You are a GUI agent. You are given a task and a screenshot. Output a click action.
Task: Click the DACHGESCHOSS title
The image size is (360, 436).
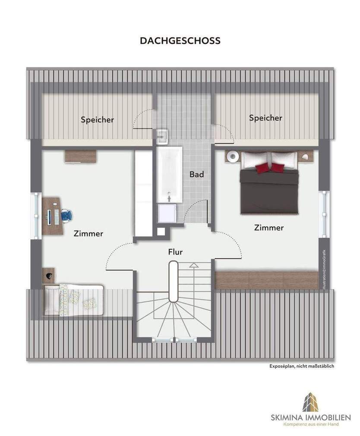(180, 41)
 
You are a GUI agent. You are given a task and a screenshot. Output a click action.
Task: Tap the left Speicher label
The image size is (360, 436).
(97, 120)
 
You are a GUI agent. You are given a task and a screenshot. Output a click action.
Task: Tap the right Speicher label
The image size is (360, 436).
(265, 118)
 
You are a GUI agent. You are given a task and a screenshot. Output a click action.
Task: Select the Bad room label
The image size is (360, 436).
(196, 175)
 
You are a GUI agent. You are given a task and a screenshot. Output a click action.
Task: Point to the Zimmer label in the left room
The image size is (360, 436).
(88, 234)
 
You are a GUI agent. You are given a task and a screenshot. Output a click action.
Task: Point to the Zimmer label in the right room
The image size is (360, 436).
(268, 227)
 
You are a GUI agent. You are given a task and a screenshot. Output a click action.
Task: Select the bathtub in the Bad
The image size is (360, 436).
(169, 174)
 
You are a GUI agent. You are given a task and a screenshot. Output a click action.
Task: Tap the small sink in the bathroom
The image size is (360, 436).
(162, 136)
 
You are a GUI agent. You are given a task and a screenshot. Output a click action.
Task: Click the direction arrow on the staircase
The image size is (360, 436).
(193, 265)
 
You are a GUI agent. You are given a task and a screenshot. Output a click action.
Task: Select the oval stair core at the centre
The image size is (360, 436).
(174, 281)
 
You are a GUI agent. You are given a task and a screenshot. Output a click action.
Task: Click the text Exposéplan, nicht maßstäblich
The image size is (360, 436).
(302, 366)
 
